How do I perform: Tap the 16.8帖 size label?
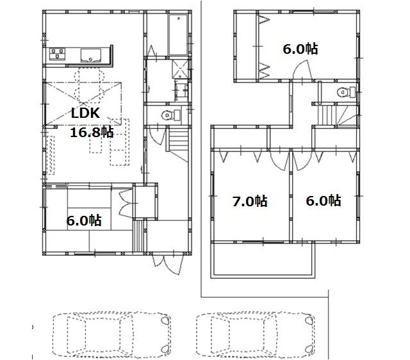pyautogui.click(x=92, y=133)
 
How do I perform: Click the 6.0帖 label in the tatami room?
pyautogui.click(x=83, y=220)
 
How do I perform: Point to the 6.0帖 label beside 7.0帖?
pyautogui.click(x=322, y=200)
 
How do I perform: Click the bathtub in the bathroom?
pyautogui.click(x=176, y=33)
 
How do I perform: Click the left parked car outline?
pyautogui.click(x=110, y=335)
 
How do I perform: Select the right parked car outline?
pyautogui.click(x=254, y=335)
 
